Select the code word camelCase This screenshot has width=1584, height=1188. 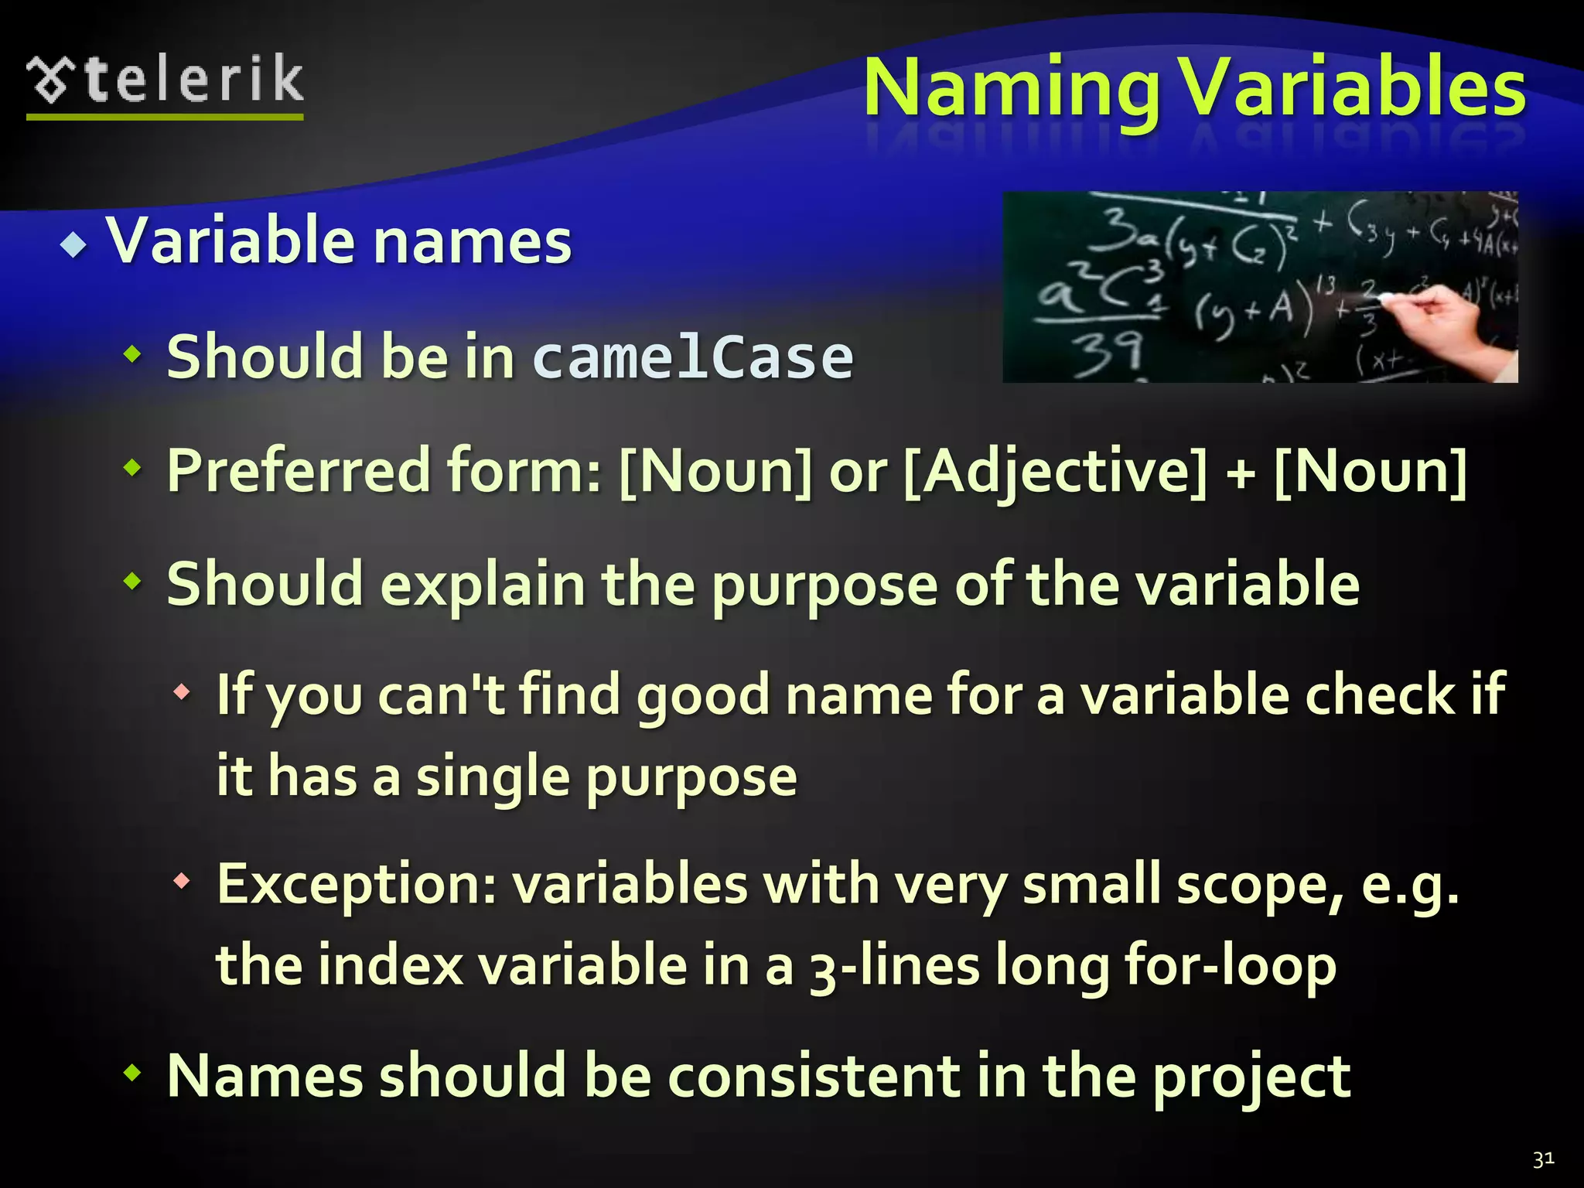[x=693, y=357]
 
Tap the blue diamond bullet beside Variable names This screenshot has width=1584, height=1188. [x=74, y=246]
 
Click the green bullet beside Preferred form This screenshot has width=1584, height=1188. [x=133, y=467]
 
